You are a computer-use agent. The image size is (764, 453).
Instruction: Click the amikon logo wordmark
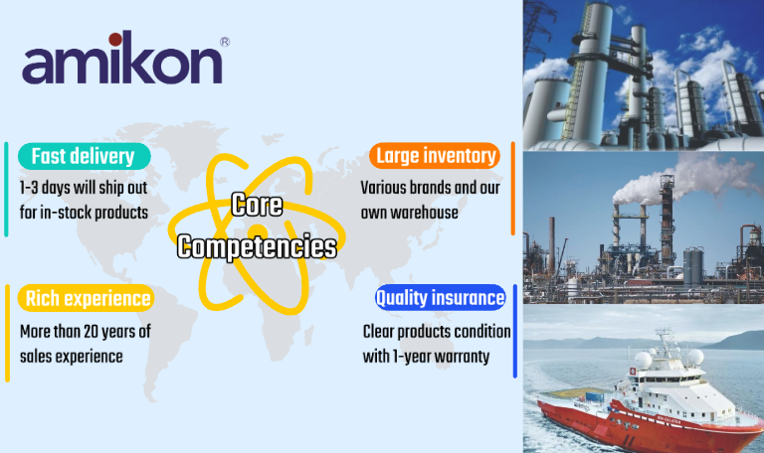point(122,58)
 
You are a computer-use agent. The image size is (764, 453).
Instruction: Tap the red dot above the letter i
point(115,39)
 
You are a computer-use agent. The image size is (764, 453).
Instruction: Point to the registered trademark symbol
point(225,42)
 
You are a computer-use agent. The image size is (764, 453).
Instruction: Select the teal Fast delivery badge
point(85,156)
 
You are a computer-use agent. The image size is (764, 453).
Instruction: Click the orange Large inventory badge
point(435,156)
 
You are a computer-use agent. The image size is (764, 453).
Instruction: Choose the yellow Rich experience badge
point(87,298)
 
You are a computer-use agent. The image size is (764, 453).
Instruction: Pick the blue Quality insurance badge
point(441,297)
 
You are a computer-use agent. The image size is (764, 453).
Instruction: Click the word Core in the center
point(257,205)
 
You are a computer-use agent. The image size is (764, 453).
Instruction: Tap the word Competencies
point(257,246)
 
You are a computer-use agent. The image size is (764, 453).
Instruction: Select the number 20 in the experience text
point(91,332)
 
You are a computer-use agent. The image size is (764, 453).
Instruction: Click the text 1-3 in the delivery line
point(29,188)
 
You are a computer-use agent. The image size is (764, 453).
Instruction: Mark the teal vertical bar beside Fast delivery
point(6,190)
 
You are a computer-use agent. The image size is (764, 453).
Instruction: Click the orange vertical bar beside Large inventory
point(513,189)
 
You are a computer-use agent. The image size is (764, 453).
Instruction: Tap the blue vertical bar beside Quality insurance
point(515,331)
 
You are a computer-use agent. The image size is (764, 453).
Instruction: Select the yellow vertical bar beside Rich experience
point(7,334)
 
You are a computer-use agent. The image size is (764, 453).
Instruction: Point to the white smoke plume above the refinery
point(682,180)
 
